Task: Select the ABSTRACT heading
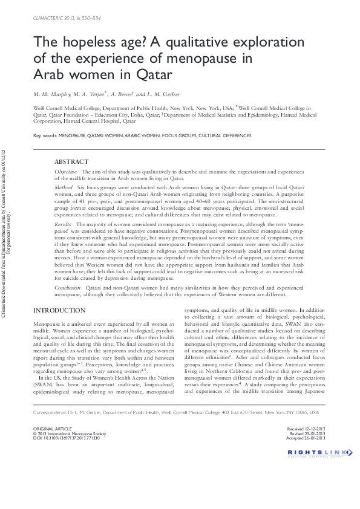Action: click(x=71, y=162)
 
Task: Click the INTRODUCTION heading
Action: click(x=59, y=310)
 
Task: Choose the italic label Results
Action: click(x=64, y=224)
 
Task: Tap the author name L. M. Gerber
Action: click(x=165, y=94)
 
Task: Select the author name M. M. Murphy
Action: click(x=52, y=94)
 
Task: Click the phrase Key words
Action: click(x=45, y=135)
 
